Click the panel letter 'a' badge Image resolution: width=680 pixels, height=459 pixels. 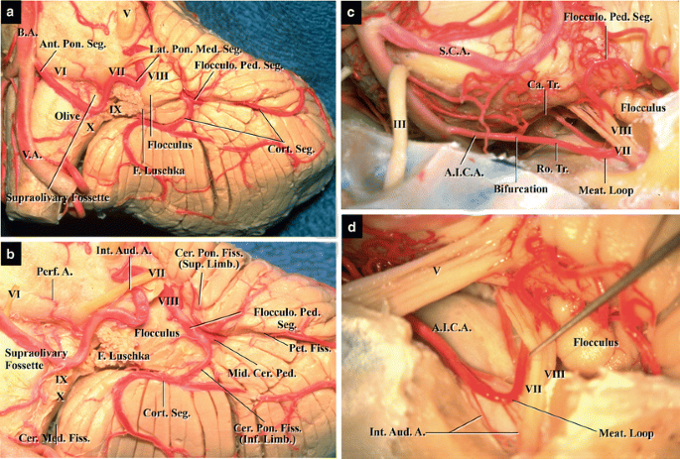10,13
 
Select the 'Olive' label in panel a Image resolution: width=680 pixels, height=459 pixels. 68,116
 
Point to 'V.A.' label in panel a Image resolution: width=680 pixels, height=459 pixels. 34,155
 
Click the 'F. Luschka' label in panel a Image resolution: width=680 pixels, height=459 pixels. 159,171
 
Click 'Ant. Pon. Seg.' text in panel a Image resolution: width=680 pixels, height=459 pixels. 72,44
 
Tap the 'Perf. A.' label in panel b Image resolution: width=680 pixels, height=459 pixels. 55,273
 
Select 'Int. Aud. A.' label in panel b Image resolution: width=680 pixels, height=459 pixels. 124,251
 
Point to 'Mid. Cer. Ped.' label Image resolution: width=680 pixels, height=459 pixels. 262,373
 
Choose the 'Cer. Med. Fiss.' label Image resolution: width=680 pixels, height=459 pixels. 55,438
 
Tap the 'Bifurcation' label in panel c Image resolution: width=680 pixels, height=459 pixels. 520,188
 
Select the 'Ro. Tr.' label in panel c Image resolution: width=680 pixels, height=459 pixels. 554,169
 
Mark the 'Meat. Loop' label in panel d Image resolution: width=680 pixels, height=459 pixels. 626,433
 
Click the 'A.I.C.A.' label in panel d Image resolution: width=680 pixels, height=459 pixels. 451,329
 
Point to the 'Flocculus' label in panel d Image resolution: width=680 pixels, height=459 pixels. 596,343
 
